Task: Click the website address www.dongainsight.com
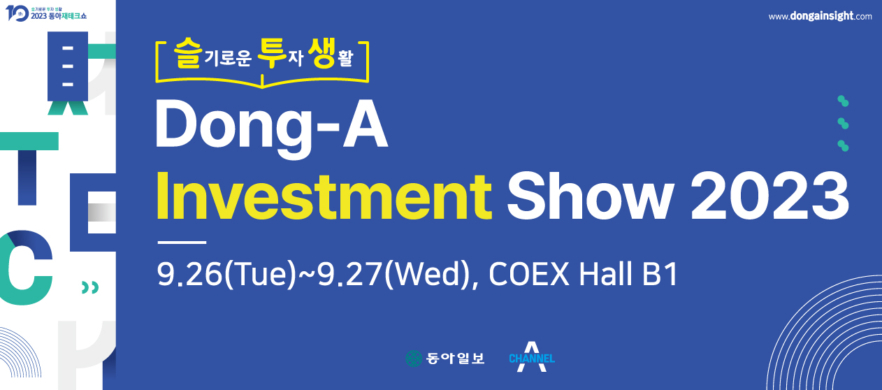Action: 820,16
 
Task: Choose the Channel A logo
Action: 532,357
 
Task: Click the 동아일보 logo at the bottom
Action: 445,358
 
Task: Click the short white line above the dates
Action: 182,243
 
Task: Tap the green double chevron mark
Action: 89,287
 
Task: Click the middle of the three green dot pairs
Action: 843,123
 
